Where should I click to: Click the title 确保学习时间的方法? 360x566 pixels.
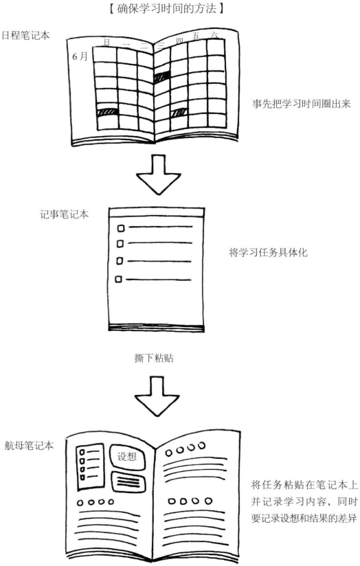[x=166, y=8]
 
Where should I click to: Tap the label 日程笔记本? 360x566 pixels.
[x=26, y=36]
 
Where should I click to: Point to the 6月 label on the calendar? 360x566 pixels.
[x=80, y=56]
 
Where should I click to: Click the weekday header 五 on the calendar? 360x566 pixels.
[x=196, y=36]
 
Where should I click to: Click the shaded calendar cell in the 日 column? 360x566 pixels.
[x=108, y=112]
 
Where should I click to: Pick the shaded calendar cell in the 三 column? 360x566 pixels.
[x=162, y=77]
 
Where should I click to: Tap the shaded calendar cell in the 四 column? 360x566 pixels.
[x=179, y=113]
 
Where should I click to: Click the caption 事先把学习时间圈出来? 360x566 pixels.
[x=302, y=104]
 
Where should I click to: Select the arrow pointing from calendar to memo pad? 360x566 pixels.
[x=158, y=174]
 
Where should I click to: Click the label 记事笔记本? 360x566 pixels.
[x=65, y=214]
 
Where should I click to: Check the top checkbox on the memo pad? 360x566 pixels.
[x=121, y=228]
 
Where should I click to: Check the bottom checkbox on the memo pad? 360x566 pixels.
[x=118, y=279]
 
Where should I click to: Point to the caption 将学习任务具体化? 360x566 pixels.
[x=269, y=252]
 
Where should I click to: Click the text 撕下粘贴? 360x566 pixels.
[x=154, y=358]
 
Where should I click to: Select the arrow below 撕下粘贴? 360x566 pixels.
[x=157, y=396]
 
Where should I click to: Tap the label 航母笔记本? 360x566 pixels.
[x=29, y=446]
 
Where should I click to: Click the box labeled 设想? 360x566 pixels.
[x=127, y=457]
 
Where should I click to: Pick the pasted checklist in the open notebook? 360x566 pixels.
[x=90, y=467]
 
